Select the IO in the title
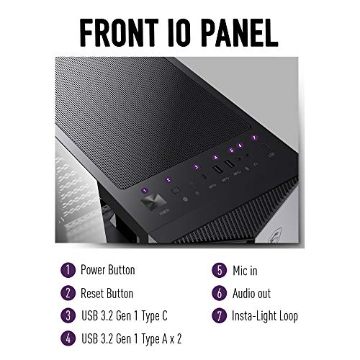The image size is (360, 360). pyautogui.click(x=179, y=32)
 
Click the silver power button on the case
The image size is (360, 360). pyautogui.click(x=153, y=202)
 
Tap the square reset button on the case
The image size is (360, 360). pyautogui.click(x=176, y=190)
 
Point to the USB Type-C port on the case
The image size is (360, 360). pyautogui.click(x=204, y=176)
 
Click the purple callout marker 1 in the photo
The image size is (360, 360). pyautogui.click(x=145, y=191)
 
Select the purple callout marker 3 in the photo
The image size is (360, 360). pyautogui.click(x=197, y=167)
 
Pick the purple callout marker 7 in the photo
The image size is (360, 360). pyautogui.click(x=254, y=138)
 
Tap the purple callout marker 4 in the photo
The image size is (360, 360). pyautogui.click(x=216, y=158)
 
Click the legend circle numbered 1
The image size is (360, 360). pyautogui.click(x=68, y=270)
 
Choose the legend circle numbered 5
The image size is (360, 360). pyautogui.click(x=220, y=271)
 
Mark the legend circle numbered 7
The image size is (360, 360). pyautogui.click(x=220, y=315)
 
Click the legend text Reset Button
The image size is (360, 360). pyautogui.click(x=107, y=294)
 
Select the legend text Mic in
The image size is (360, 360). pyautogui.click(x=245, y=271)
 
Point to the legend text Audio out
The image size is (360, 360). pyautogui.click(x=251, y=293)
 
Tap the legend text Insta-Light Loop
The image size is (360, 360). pyautogui.click(x=265, y=316)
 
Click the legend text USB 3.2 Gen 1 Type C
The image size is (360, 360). pyautogui.click(x=125, y=316)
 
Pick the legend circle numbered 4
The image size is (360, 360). pyautogui.click(x=68, y=338)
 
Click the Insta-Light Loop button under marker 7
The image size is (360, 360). pyautogui.click(x=265, y=146)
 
